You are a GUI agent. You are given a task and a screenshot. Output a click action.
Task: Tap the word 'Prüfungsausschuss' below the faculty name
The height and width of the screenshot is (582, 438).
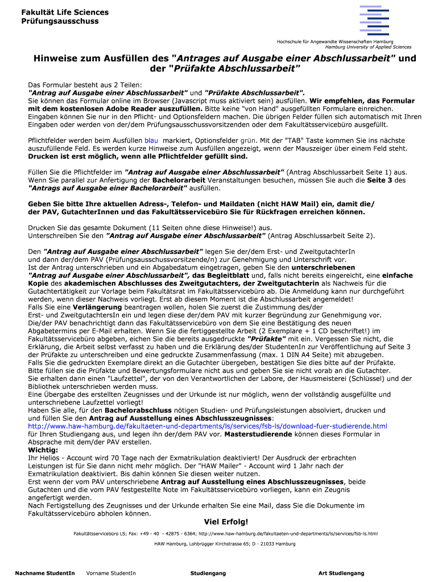pyautogui.click(x=60, y=21)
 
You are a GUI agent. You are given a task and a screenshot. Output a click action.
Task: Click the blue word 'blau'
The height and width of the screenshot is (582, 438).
pyautogui.click(x=151, y=140)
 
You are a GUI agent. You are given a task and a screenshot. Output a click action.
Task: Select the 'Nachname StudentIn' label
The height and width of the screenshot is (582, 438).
pyautogui.click(x=45, y=573)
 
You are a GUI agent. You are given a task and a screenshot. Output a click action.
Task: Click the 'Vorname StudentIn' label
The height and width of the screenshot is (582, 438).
pyautogui.click(x=111, y=573)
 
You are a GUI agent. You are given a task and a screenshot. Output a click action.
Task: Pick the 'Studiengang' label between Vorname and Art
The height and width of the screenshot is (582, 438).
pyautogui.click(x=208, y=573)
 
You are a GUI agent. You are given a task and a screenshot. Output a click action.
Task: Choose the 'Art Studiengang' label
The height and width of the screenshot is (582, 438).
pyautogui.click(x=341, y=573)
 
